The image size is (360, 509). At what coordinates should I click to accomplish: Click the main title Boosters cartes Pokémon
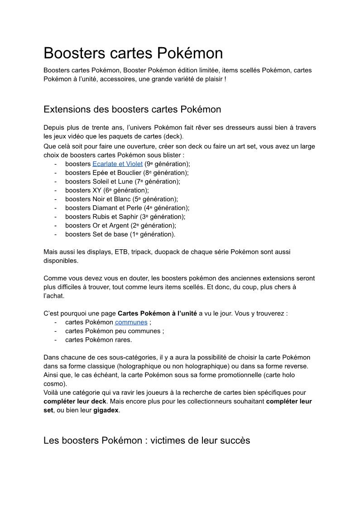[x=133, y=53]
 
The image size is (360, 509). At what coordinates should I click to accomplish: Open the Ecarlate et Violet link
[x=117, y=164]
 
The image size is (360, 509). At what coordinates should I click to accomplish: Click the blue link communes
[x=131, y=322]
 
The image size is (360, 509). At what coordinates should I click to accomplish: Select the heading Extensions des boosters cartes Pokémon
[x=132, y=109]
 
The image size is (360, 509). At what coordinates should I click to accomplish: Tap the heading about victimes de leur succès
[x=147, y=440]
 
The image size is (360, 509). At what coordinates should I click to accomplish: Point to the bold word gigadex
[x=107, y=411]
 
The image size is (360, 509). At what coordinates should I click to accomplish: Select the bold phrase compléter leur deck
[x=75, y=402]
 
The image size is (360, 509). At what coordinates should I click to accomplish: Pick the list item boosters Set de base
[x=120, y=234]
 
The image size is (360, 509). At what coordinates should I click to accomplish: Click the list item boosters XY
[x=107, y=190]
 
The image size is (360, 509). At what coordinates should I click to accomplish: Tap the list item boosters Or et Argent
[x=120, y=225]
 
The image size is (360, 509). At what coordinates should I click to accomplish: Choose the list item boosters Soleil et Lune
[x=122, y=182]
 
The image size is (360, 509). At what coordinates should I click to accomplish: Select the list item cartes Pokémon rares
[x=98, y=340]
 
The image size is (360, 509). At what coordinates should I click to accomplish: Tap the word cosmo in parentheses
[x=53, y=383]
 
